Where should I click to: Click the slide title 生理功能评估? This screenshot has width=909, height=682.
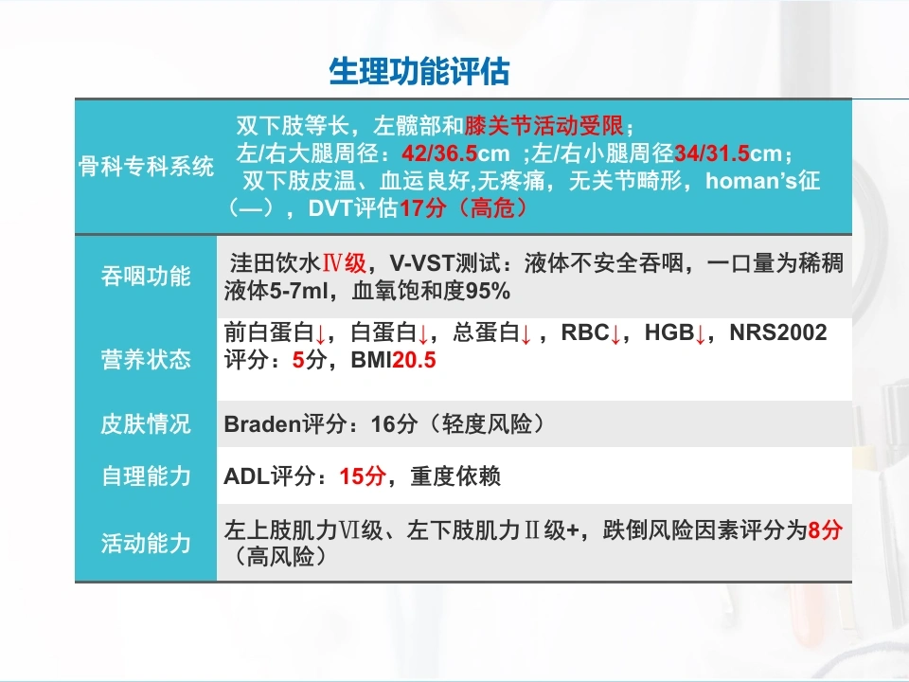point(419,72)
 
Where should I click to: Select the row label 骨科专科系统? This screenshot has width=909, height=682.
point(146,167)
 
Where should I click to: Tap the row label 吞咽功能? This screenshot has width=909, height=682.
point(146,276)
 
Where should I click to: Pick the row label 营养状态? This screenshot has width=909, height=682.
point(146,360)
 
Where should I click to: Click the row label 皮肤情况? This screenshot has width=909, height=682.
point(146,424)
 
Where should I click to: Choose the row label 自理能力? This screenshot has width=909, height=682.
point(146,476)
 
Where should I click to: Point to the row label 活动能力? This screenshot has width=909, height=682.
point(146,544)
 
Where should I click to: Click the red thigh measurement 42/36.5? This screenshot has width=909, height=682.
point(439,153)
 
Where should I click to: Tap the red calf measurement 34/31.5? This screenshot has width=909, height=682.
point(712,153)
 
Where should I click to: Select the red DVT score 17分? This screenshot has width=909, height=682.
point(422,208)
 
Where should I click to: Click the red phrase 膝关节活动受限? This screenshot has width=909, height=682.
point(544,125)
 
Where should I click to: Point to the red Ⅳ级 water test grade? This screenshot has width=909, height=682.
point(344,263)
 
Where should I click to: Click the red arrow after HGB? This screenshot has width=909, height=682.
point(701,334)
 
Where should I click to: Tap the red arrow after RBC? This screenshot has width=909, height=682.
point(615,334)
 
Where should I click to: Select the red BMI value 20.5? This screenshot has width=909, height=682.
point(414,360)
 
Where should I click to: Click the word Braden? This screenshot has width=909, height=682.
point(262,424)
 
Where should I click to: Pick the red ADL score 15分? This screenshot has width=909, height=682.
point(363,476)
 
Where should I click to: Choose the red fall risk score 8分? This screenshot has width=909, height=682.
point(825,530)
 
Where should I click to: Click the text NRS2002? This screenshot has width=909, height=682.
point(778,332)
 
